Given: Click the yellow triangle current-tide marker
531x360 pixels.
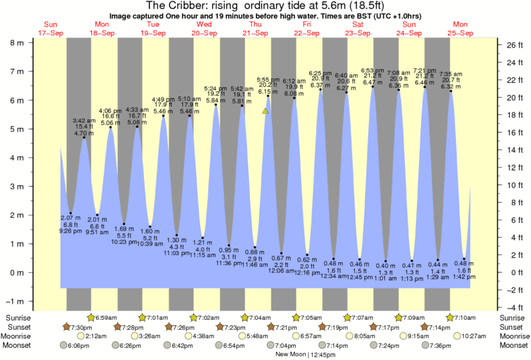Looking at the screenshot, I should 266,111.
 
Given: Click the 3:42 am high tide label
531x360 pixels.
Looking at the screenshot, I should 84,120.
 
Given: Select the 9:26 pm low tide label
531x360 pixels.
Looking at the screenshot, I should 70,230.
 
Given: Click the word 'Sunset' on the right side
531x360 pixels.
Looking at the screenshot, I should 513,327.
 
